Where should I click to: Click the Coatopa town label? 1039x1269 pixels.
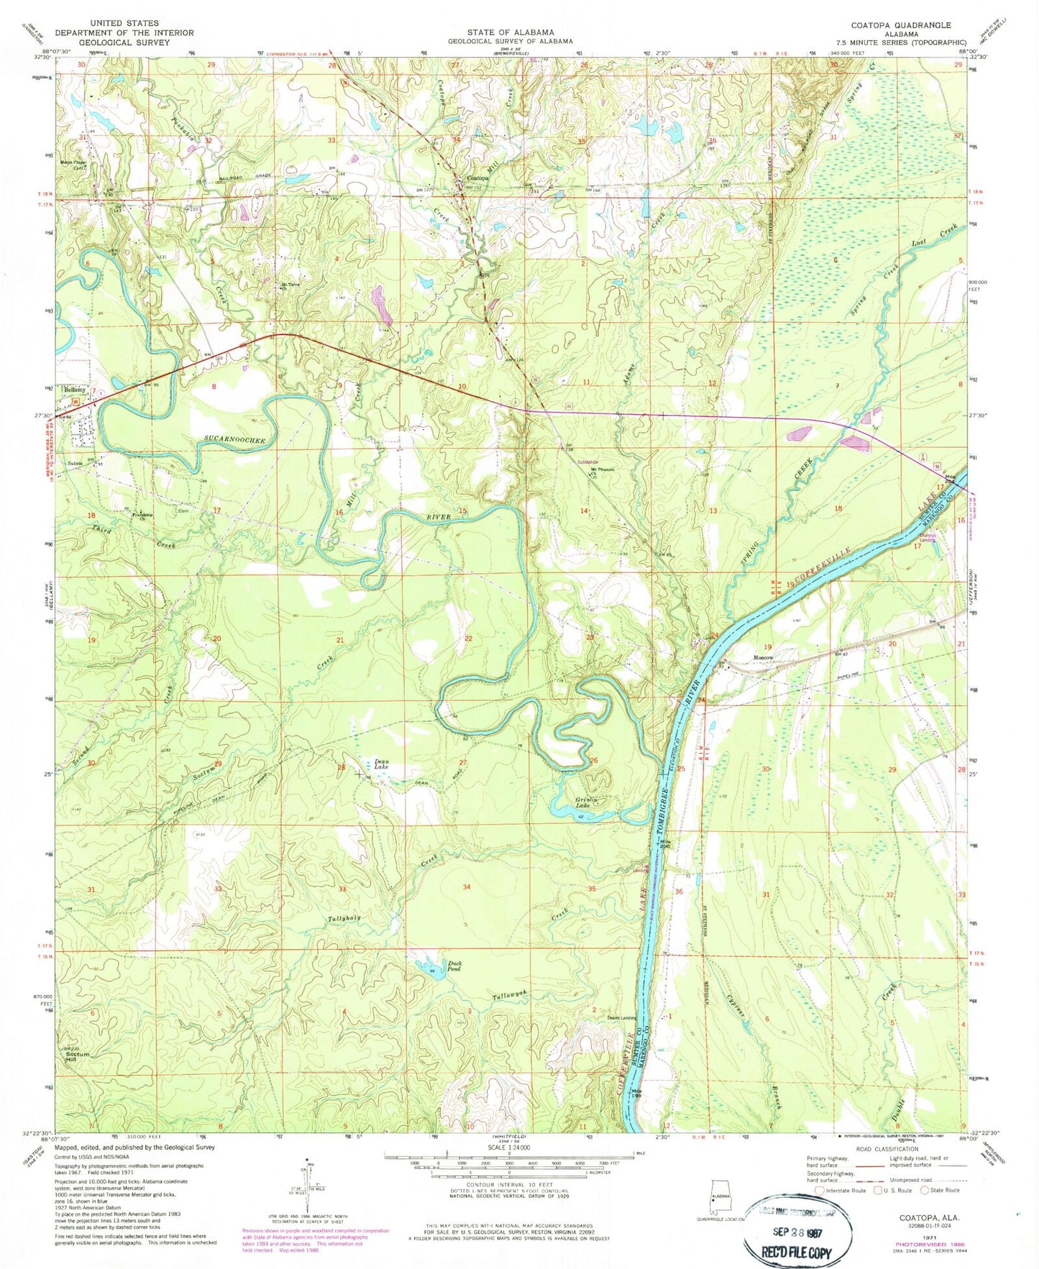point(477,177)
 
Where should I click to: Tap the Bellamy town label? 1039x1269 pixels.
point(74,389)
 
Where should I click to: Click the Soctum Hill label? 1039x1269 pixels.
point(77,1057)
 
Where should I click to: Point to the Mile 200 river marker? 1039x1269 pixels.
point(665,844)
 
